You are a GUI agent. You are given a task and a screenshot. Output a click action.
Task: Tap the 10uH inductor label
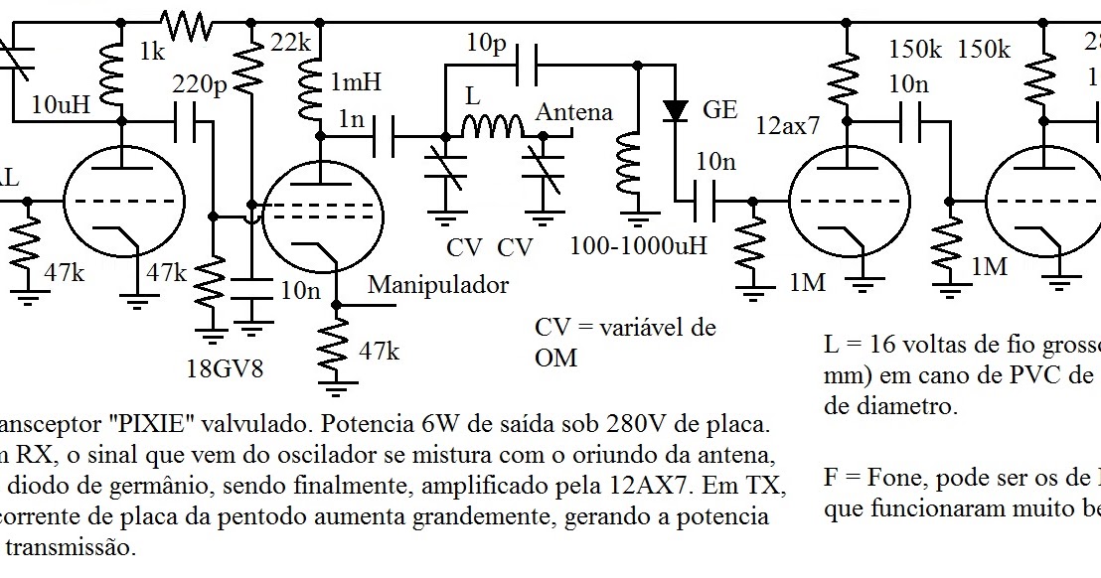pyautogui.click(x=62, y=103)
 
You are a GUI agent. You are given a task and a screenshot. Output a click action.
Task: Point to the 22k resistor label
pyautogui.click(x=290, y=44)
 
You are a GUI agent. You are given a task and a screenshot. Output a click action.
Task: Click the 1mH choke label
pyautogui.click(x=355, y=82)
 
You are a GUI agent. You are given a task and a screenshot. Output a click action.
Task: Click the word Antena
pyautogui.click(x=574, y=112)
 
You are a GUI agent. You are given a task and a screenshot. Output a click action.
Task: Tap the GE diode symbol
pyautogui.click(x=676, y=109)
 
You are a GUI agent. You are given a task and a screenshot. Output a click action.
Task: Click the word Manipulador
pyautogui.click(x=438, y=285)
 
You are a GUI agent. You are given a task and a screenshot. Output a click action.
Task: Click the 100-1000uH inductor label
pyautogui.click(x=638, y=245)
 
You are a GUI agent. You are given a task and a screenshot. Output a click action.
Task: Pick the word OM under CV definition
pyautogui.click(x=555, y=357)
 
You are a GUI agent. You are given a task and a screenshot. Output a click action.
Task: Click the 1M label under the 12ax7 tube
pyautogui.click(x=808, y=282)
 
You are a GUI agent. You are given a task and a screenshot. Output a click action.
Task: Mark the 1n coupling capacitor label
pyautogui.click(x=351, y=119)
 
